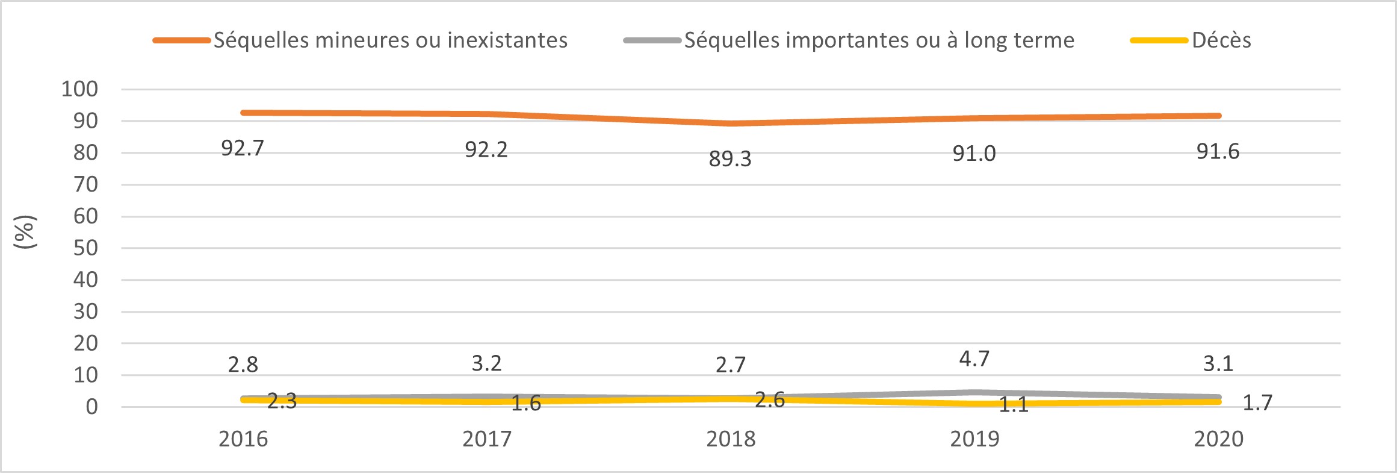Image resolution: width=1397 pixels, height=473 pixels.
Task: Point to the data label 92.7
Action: coord(243,148)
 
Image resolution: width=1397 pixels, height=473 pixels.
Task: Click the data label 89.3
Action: coord(730,159)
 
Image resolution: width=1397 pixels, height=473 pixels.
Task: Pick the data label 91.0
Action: coord(974,154)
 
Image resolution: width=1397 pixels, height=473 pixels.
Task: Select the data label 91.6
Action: coord(1218,152)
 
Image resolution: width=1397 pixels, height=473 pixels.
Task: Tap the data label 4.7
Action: coord(974,359)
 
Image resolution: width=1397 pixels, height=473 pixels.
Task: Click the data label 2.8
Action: coord(243,365)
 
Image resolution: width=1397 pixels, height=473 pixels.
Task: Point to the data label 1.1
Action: coord(1014,405)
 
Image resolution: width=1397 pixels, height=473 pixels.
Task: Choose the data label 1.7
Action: coord(1257,403)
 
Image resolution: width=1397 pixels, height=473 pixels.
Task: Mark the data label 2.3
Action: coord(282,401)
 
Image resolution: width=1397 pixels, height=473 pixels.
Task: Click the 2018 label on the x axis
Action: coord(731,439)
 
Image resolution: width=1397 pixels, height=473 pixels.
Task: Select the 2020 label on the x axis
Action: coord(1218,439)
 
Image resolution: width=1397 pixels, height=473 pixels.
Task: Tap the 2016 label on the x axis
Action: coord(243,439)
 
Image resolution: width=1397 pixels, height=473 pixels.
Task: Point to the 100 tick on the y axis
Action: coord(79,89)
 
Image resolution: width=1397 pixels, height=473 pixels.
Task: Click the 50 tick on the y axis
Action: coord(85,248)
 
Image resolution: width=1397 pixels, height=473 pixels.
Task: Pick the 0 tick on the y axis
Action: coord(91,407)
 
